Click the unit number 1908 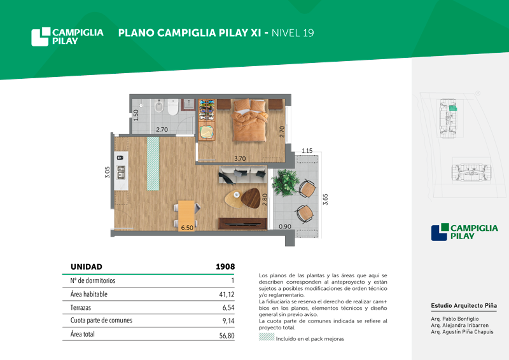225,267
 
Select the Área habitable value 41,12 227,294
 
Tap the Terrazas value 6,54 228,307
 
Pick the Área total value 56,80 227,335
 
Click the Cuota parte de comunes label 101,321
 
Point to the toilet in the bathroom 173,107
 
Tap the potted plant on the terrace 284,183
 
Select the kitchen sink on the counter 121,172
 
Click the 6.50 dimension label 187,228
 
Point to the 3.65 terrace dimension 325,199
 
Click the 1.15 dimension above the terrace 307,151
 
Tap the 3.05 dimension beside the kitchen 107,172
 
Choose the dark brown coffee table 251,198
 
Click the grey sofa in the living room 243,174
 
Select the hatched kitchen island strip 153,163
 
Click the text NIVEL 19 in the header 293,33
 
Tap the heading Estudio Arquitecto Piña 464,305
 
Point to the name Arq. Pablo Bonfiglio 455,319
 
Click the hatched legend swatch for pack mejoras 267,336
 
